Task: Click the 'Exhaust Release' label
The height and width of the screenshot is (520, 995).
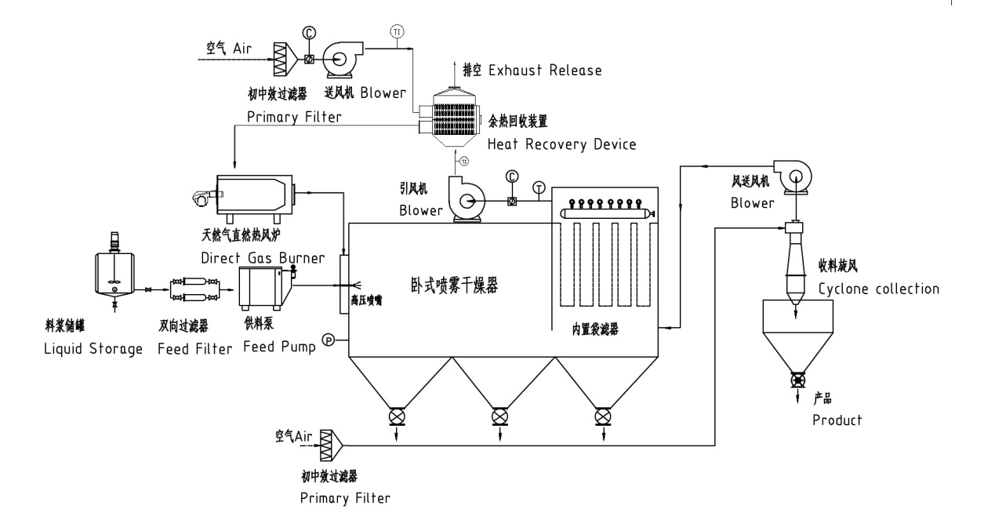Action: tap(545, 71)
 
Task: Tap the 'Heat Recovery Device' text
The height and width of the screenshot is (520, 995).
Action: tap(561, 144)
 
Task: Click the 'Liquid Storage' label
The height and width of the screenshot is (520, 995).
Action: tap(93, 350)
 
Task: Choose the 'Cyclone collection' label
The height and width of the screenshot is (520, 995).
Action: tap(878, 289)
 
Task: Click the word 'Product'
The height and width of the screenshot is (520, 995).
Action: tap(837, 420)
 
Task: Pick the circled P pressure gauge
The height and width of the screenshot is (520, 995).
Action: tap(329, 340)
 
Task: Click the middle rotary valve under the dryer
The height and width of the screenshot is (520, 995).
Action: tap(499, 415)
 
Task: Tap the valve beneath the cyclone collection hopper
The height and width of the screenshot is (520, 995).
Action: tap(798, 380)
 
